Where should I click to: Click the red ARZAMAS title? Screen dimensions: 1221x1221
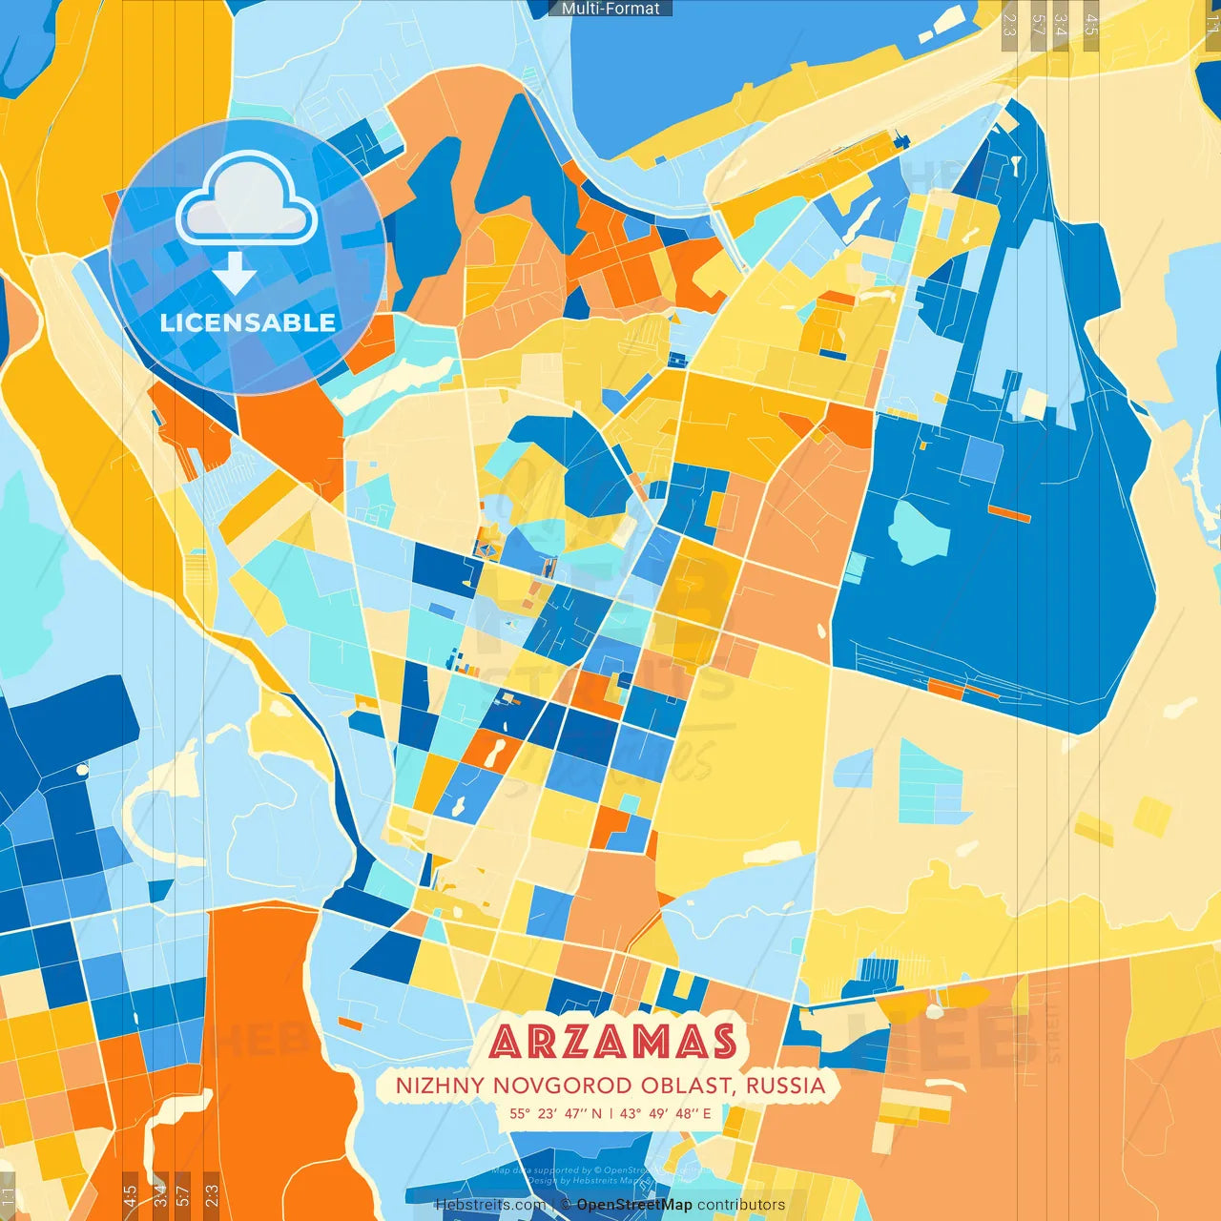click(613, 1042)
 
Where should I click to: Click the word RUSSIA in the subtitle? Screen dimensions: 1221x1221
click(785, 1086)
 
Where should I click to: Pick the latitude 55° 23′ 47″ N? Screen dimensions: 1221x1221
click(555, 1113)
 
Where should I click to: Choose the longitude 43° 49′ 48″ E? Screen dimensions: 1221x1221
click(665, 1113)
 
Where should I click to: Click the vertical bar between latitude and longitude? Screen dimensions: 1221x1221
click(610, 1113)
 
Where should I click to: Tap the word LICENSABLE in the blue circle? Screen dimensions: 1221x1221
click(247, 322)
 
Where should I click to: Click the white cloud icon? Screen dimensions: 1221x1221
click(247, 202)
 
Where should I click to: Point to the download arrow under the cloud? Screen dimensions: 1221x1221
click(235, 275)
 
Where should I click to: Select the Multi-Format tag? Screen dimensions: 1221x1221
click(610, 9)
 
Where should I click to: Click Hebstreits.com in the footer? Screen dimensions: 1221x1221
click(490, 1205)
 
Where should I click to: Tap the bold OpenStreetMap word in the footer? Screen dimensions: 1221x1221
click(634, 1205)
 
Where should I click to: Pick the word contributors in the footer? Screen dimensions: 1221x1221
click(741, 1205)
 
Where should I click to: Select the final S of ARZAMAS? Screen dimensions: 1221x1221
click(721, 1042)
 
